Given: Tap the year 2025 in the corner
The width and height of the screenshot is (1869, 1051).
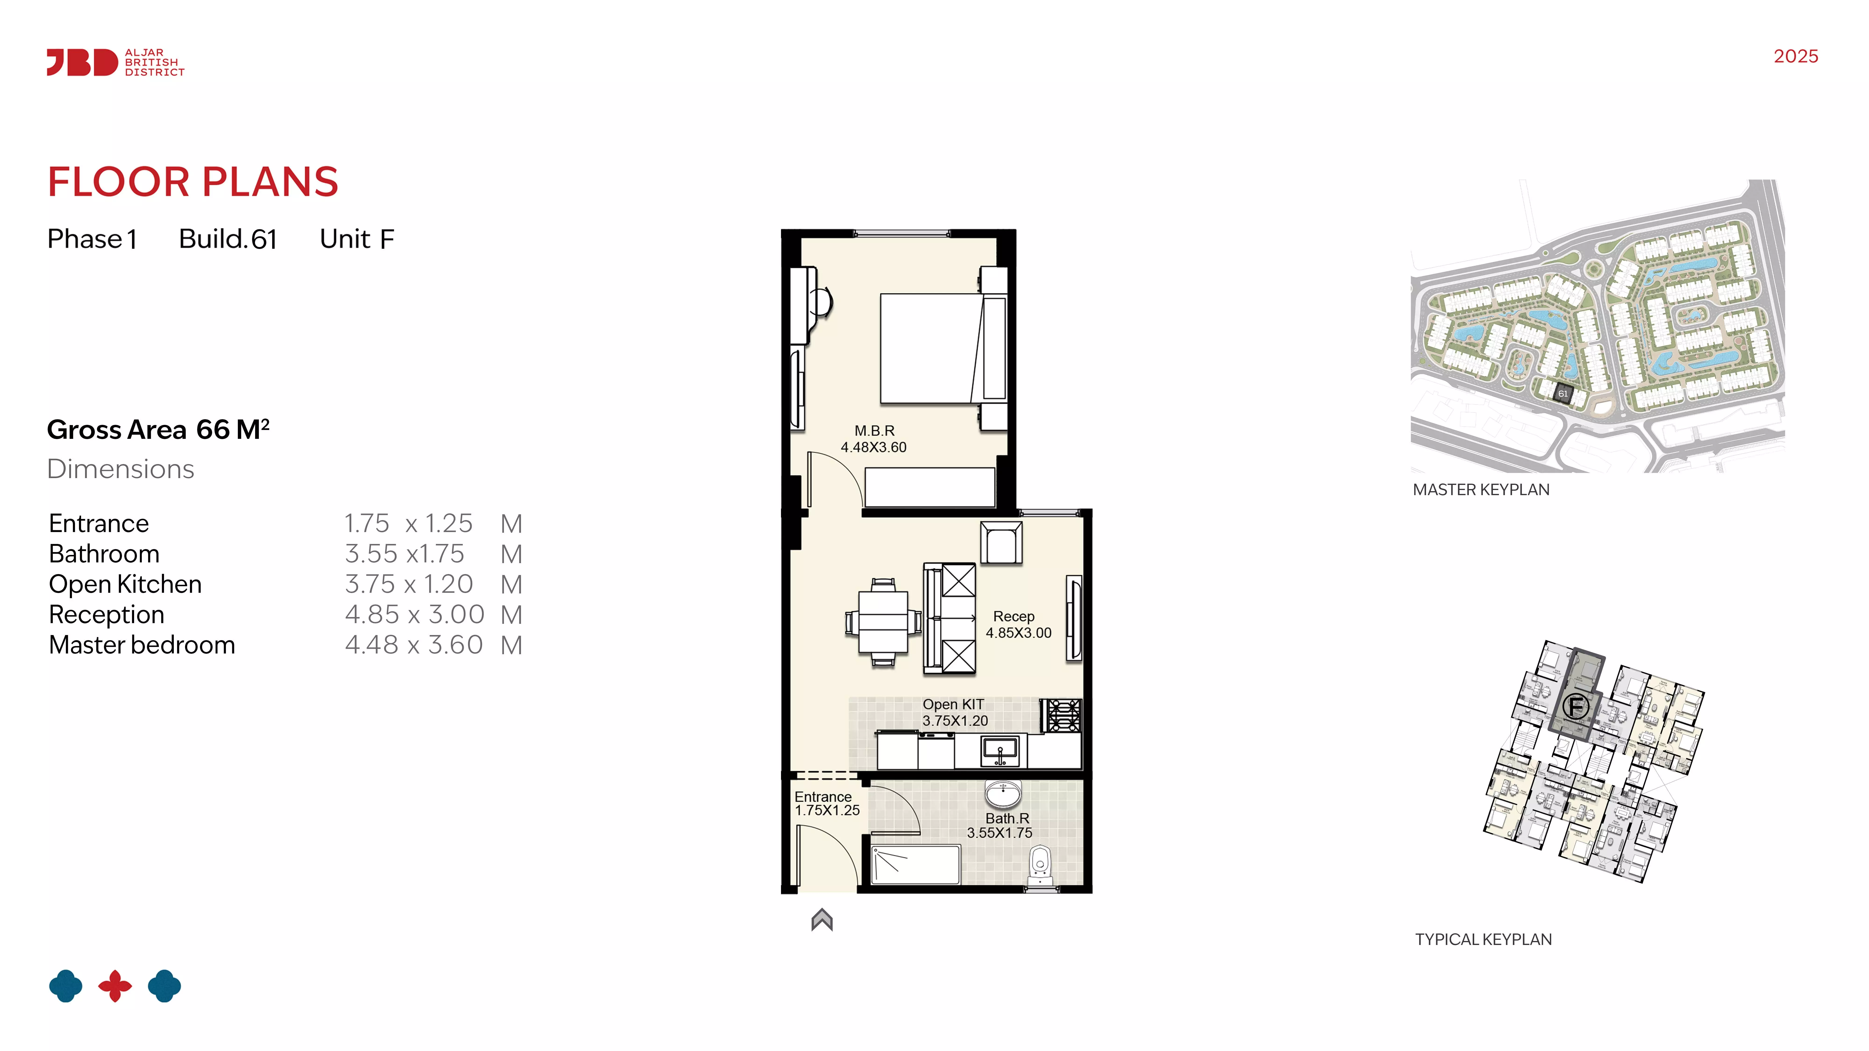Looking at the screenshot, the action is pos(1796,57).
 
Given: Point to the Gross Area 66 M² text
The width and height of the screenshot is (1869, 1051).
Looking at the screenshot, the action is pos(158,430).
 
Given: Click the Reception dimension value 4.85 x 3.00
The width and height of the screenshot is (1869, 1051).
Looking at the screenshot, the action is pos(414,614).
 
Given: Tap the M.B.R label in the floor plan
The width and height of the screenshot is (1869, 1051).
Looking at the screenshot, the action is pos(874,431).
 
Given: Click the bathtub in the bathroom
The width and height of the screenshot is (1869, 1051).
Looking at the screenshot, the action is pos(916,865).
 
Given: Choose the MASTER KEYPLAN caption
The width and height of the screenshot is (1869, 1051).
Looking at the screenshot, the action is pos(1481,490).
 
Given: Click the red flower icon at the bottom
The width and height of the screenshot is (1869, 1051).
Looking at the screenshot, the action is pos(115,986).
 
